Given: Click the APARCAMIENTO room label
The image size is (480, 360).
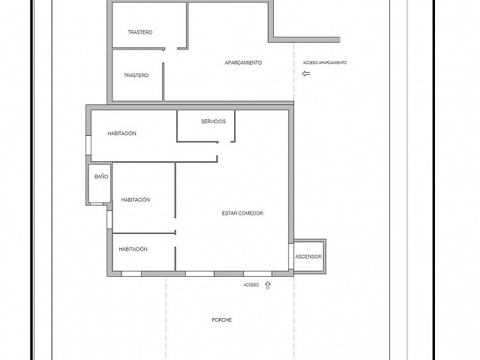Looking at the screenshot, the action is (243, 63).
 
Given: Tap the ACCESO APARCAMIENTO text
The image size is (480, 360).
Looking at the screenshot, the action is (325, 63).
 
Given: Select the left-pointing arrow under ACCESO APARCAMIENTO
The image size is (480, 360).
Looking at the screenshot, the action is (306, 73).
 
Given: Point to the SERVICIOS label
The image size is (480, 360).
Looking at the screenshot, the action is (213, 121).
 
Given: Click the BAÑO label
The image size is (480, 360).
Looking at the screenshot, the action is (101, 176).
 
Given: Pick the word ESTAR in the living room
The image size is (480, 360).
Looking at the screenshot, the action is (229, 213).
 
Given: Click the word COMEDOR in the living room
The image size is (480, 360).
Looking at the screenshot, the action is (250, 213).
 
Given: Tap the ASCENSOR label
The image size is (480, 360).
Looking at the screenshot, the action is (308, 256).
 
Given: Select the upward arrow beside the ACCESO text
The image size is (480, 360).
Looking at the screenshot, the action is (268, 285).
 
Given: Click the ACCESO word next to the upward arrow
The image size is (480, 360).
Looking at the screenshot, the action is (251, 285).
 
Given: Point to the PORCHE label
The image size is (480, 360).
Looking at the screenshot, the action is (222, 320).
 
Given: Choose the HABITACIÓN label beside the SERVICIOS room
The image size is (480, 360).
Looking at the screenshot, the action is (121, 133).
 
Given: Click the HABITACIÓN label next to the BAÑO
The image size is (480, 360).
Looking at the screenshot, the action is (135, 200).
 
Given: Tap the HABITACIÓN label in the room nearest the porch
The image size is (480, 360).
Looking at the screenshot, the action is (133, 249).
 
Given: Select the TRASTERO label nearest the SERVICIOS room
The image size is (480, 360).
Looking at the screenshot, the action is (136, 75).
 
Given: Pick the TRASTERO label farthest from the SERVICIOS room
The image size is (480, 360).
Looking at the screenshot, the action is (140, 32).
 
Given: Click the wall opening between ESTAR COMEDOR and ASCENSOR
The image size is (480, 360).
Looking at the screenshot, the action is (291, 256).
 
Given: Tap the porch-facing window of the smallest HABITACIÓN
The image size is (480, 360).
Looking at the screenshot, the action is (131, 274).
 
